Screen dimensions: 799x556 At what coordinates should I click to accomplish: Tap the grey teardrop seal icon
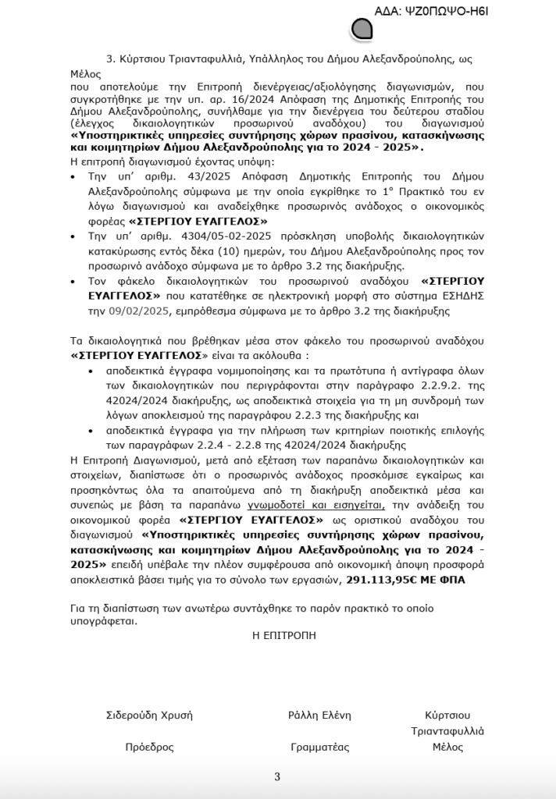(362, 30)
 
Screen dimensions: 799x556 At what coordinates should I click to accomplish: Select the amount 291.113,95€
(375, 580)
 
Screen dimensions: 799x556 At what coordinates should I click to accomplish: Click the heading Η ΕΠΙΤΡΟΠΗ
(284, 635)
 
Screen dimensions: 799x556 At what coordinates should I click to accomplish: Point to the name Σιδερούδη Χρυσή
(148, 715)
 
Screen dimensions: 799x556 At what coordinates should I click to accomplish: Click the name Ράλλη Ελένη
(319, 715)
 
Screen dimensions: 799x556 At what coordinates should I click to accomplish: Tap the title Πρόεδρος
(149, 747)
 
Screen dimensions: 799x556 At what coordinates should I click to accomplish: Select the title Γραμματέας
(319, 747)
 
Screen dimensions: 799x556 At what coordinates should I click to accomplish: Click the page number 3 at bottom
(277, 776)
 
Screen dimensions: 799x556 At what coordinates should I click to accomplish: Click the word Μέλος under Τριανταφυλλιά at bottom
(447, 747)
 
